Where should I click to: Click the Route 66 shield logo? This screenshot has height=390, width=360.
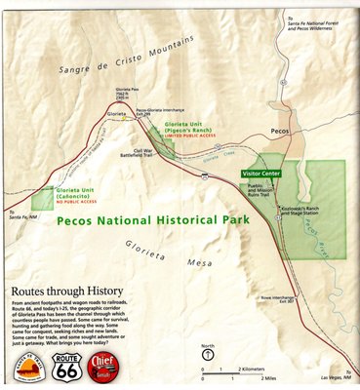coord(67,368)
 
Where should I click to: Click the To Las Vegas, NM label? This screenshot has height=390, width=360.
coord(334,377)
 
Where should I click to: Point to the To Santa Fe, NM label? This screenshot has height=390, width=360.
coord(19,216)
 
